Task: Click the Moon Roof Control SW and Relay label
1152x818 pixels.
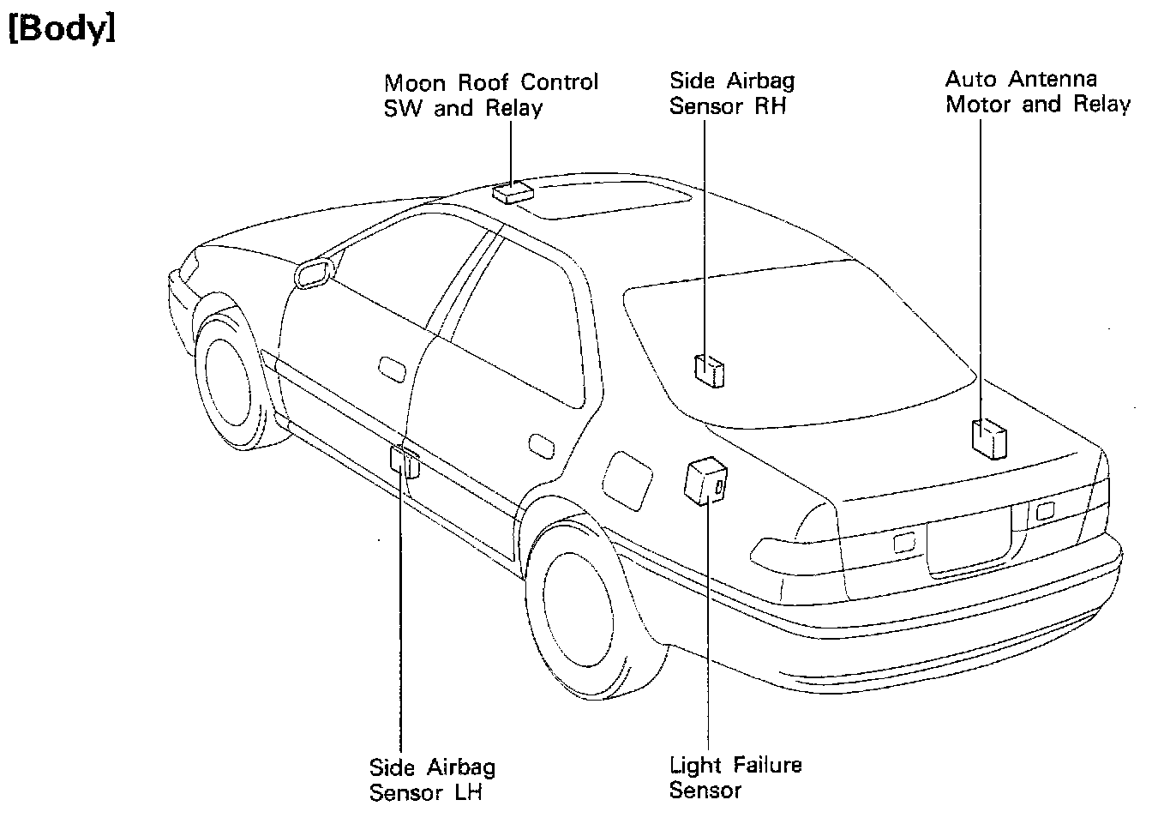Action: tap(490, 95)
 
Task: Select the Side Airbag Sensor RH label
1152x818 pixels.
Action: tap(731, 93)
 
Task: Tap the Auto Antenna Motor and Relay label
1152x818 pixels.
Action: tap(1037, 92)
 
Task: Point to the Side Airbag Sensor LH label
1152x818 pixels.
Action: tap(432, 779)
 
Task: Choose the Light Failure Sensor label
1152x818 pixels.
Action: tap(735, 777)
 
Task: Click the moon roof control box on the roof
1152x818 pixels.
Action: tap(510, 191)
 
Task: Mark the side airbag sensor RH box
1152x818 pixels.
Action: tap(709, 370)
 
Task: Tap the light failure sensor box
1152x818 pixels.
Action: tap(706, 482)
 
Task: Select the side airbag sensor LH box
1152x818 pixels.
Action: tap(405, 460)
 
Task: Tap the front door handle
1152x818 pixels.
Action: tap(392, 367)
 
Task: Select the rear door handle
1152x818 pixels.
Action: tap(541, 445)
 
